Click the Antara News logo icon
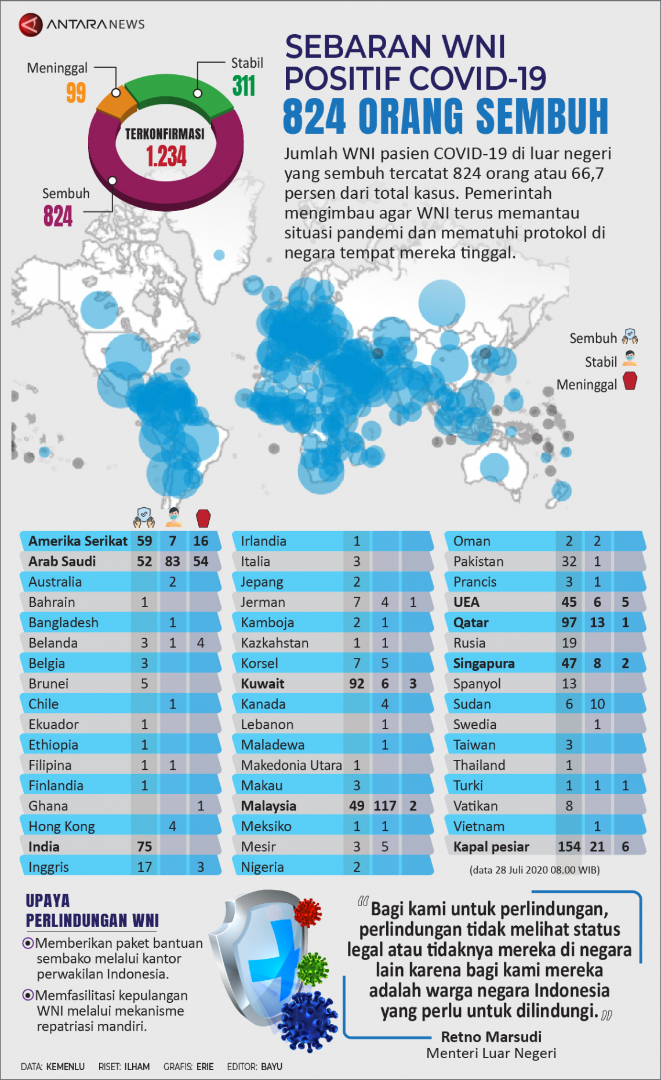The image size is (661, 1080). pos(30,24)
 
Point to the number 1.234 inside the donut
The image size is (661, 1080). pos(166,157)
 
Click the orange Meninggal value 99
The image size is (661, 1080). pos(76,93)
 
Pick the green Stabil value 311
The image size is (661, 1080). pos(244,86)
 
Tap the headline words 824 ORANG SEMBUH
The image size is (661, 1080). pos(445,117)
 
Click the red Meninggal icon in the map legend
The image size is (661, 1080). pos(630,381)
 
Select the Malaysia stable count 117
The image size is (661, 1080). pos(385,806)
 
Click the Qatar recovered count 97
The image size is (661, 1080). pos(569,623)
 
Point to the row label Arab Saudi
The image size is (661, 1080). pos(62,561)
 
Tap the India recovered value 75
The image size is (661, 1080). pos(144,846)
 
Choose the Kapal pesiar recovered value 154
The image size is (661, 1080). pos(569,846)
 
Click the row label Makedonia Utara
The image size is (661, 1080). pos(291,765)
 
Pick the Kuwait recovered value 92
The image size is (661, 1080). pos(357,683)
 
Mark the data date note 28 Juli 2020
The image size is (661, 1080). pos(534,870)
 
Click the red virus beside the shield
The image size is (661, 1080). pos(308,912)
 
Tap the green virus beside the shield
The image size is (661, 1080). pos(313,969)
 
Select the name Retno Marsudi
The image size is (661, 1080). pos(491,1037)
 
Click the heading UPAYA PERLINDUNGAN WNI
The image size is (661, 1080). pos(92,911)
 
